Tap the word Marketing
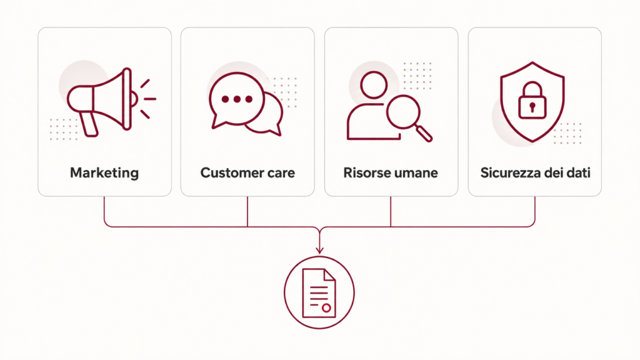104,172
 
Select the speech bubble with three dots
236,100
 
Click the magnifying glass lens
403,112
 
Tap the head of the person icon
374,85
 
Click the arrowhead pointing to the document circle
319,249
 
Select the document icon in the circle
319,292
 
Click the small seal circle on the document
326,308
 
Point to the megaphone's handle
88,124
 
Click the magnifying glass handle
424,134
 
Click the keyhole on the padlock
532,107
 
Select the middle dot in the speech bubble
237,99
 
